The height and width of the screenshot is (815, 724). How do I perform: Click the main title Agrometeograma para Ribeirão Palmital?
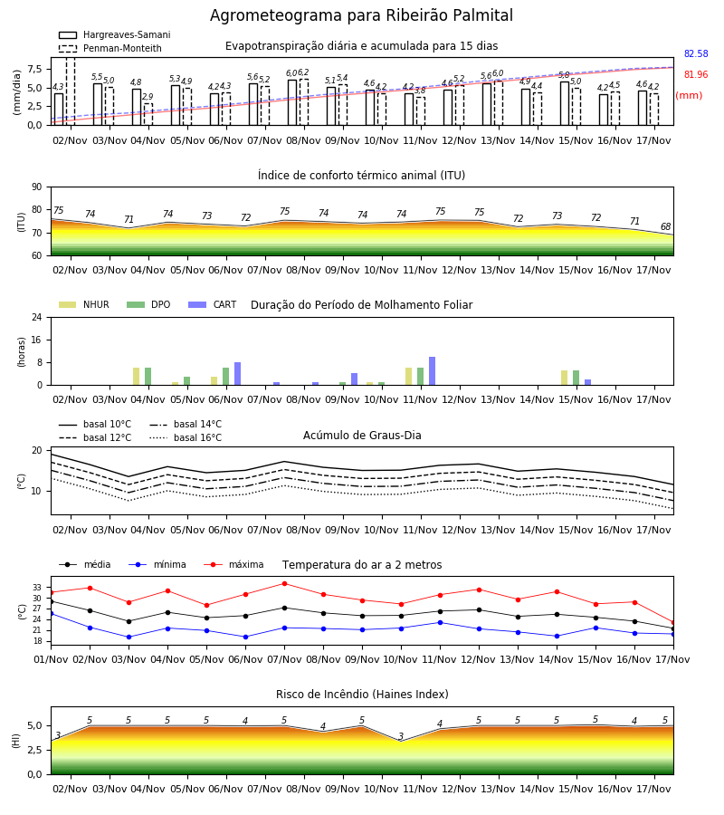tap(361, 15)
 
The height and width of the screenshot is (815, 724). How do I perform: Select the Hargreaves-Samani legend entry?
tap(114, 34)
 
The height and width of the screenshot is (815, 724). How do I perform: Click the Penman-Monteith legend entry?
tap(110, 48)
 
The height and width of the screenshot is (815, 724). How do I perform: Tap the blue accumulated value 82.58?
tap(696, 53)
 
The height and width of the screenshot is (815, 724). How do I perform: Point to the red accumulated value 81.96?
tap(696, 74)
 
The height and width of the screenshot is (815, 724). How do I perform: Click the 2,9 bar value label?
tap(148, 97)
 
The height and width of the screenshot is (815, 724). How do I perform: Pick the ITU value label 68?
tap(666, 226)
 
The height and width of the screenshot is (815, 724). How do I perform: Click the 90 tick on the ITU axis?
tap(37, 187)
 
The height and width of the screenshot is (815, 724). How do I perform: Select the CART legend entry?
tap(213, 304)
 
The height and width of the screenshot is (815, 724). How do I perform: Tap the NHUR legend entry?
tap(84, 304)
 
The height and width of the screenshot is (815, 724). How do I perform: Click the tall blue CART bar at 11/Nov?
tap(432, 371)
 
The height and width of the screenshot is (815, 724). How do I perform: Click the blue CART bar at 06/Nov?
tap(237, 374)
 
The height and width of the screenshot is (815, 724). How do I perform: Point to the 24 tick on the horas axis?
tap(37, 317)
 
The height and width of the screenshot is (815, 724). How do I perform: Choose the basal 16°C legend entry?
tap(186, 437)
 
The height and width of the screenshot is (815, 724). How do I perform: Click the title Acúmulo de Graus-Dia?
tap(362, 435)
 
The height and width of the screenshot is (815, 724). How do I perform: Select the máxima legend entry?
tap(233, 564)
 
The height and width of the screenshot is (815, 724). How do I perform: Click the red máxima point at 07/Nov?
tap(284, 584)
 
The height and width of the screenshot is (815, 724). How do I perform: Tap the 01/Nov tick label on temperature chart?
tap(51, 659)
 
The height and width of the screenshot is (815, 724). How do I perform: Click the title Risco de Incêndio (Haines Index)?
tap(362, 694)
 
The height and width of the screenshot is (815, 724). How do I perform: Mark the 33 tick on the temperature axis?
tap(37, 588)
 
